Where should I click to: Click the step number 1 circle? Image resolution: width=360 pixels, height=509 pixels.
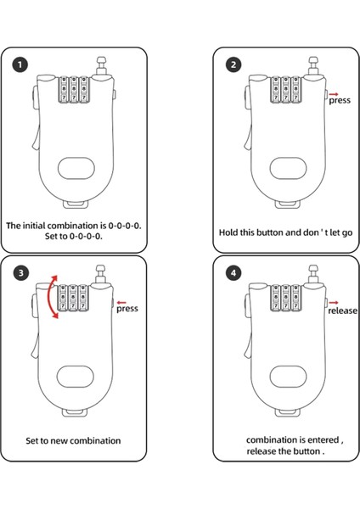tap(20, 64)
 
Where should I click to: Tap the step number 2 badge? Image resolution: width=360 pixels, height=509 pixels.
tap(233, 64)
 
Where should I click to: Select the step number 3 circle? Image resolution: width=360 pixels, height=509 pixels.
tap(20, 273)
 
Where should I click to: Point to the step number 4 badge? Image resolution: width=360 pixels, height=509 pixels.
tap(233, 273)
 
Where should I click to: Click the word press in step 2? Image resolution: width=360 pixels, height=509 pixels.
tap(340, 101)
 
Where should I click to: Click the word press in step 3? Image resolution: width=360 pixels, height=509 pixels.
tap(127, 309)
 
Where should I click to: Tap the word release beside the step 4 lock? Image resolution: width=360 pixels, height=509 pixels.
tap(342, 310)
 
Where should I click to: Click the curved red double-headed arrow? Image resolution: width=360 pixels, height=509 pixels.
tap(49, 297)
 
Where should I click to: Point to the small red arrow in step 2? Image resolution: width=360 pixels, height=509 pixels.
tap(334, 94)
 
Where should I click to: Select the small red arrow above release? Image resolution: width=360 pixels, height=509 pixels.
tap(334, 303)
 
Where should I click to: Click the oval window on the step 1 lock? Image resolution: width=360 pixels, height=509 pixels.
tap(76, 168)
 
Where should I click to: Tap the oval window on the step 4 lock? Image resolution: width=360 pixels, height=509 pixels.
tap(289, 377)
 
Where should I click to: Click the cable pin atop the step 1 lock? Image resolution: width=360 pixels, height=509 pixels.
tap(102, 66)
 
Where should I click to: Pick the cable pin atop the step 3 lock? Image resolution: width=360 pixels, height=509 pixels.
tap(101, 275)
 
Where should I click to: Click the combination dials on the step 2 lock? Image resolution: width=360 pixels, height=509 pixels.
tap(286, 90)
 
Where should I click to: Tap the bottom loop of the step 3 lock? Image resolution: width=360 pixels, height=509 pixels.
tap(75, 412)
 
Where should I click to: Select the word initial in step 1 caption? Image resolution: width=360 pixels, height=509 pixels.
tap(33, 226)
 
